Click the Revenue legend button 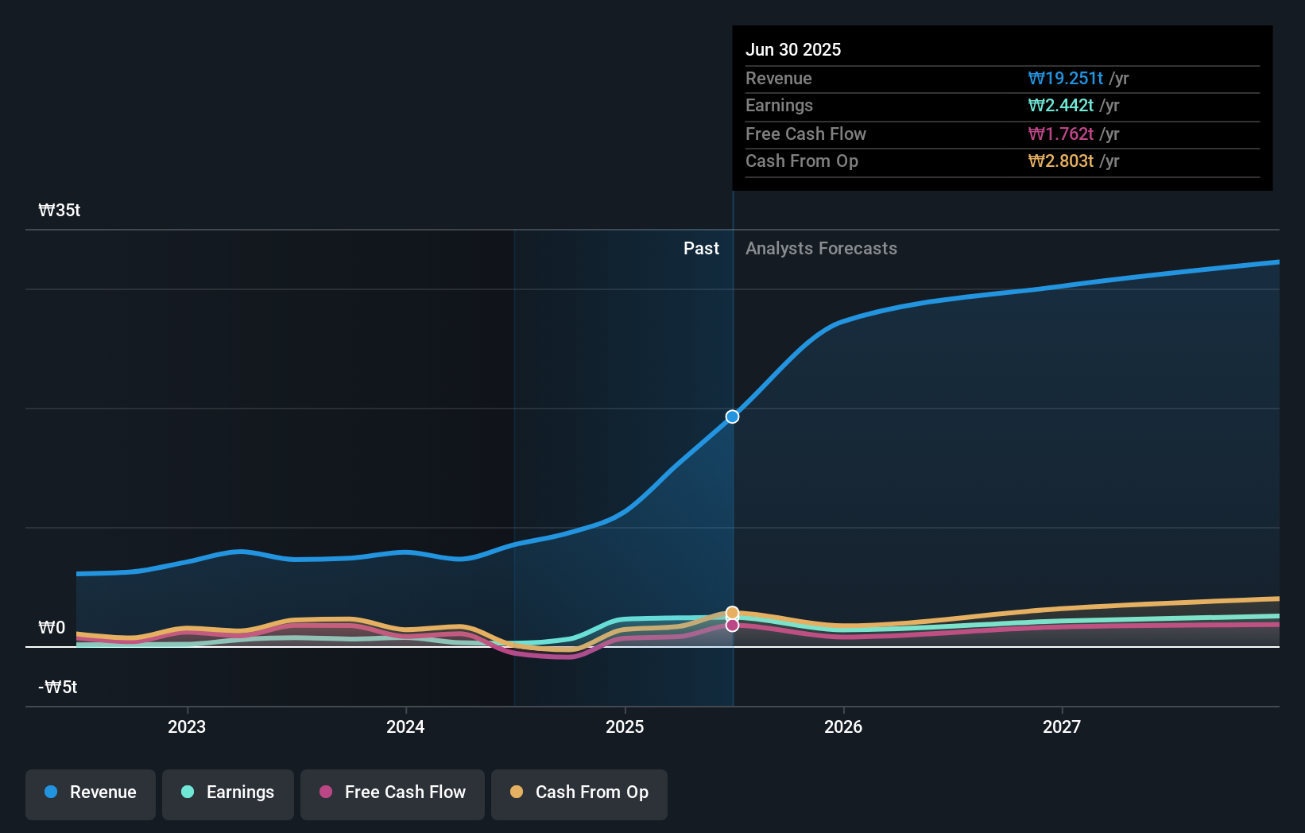coord(91,792)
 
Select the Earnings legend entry coord(228,792)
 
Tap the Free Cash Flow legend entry coord(393,792)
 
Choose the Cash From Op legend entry coord(579,792)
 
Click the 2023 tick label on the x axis coord(187,727)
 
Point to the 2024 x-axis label coord(405,727)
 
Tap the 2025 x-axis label coord(625,727)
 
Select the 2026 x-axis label coord(843,727)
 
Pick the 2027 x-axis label coord(1062,727)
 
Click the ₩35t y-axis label coord(60,211)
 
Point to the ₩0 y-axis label coord(52,628)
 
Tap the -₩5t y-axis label coord(58,688)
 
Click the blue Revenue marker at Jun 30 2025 coord(732,416)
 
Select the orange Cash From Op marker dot coord(732,613)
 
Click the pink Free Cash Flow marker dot coord(732,626)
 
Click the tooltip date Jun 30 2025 coord(793,49)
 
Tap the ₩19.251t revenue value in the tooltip coord(1065,78)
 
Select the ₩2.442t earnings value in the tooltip coord(1060,106)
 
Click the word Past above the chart coord(701,249)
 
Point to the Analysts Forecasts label coord(821,249)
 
